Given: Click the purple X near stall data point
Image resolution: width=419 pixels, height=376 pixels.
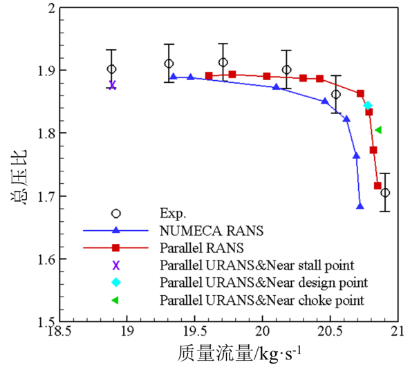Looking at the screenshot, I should click(x=112, y=85).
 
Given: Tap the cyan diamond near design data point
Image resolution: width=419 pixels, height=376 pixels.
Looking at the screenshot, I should click(x=368, y=106).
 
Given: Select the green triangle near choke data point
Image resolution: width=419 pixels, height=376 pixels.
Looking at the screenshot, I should click(x=378, y=129).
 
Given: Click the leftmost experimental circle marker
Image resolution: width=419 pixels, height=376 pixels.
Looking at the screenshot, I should click(x=111, y=69).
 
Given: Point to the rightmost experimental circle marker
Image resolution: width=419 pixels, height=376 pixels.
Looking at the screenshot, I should click(x=384, y=192).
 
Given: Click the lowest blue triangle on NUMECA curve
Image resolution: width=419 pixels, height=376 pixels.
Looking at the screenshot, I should click(x=360, y=206).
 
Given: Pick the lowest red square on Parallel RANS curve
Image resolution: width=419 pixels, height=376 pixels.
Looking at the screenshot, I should click(x=378, y=185).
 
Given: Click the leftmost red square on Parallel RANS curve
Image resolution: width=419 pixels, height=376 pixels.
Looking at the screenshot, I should click(x=209, y=76).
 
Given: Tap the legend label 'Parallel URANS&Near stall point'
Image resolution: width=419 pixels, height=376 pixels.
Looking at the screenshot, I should click(x=257, y=265).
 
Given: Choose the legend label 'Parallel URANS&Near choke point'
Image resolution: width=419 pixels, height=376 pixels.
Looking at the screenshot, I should click(x=261, y=300).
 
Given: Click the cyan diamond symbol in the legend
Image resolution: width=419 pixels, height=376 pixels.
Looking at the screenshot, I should click(x=116, y=282).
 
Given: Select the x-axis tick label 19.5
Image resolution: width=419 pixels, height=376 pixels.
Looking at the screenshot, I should click(x=195, y=331).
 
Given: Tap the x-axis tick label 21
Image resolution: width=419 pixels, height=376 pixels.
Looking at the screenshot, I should click(x=397, y=331).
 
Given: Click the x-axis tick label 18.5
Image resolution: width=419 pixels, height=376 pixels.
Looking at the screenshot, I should click(x=59, y=331).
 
